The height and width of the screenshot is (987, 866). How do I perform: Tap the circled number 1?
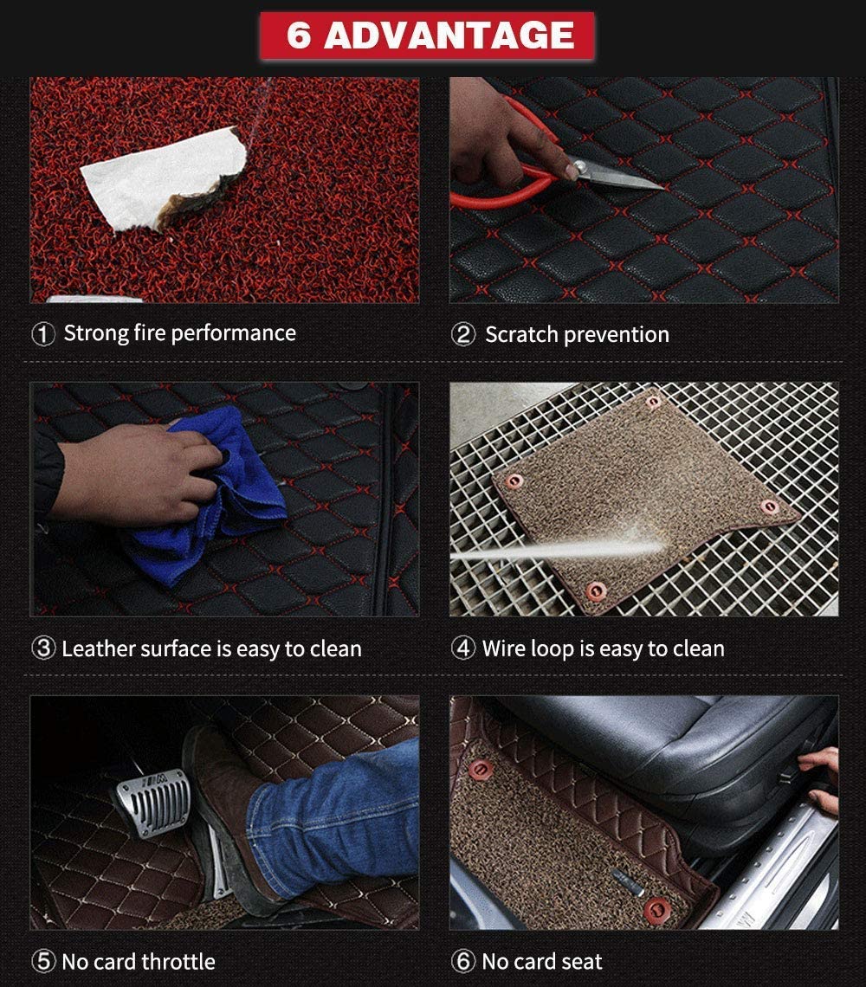pos(43,334)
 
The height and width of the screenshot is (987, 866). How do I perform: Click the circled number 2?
pos(464,335)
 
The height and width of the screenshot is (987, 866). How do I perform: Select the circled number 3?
pos(43,649)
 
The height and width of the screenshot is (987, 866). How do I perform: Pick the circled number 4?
pos(464,649)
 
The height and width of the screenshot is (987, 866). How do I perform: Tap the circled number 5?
pos(43,962)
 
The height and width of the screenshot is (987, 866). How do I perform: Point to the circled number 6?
pos(464,962)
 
